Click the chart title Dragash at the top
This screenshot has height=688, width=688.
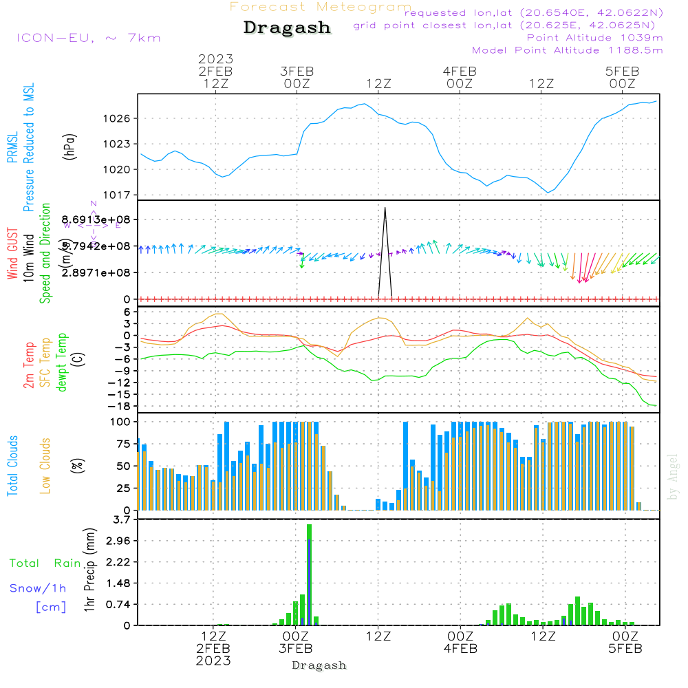coord(287,28)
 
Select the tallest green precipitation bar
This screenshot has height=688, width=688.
coord(310,574)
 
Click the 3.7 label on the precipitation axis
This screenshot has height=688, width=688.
coord(121,519)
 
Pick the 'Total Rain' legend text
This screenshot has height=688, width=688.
coord(45,563)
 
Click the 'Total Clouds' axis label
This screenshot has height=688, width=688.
coord(12,466)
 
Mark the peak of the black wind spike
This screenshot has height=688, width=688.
coord(385,207)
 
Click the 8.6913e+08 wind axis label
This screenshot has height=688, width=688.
coord(100,219)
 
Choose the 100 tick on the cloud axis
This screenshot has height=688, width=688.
coord(121,422)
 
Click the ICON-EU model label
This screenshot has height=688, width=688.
coord(88,38)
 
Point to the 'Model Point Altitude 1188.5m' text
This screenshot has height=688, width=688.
coord(568,50)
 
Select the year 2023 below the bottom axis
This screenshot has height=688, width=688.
coord(213,661)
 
